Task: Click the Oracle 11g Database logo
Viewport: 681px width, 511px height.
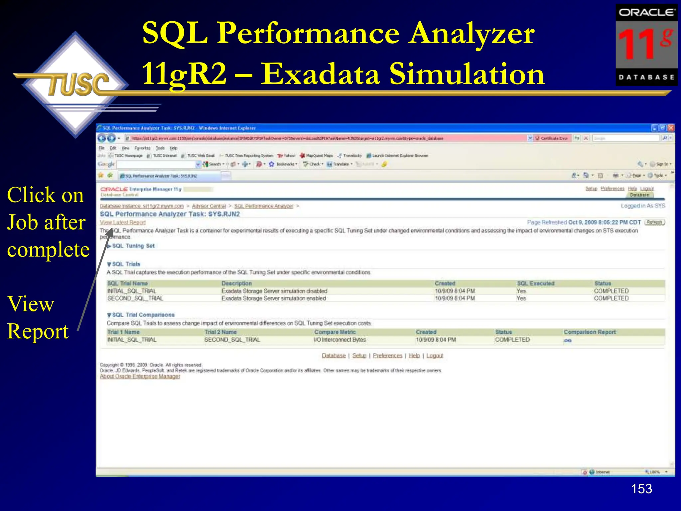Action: pyautogui.click(x=646, y=45)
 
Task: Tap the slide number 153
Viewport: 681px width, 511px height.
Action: pyautogui.click(x=641, y=489)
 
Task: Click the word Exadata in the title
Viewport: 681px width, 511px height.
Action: pyautogui.click(x=320, y=74)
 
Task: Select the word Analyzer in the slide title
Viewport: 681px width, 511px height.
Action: pyautogui.click(x=472, y=33)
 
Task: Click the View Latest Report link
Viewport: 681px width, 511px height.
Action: pyautogui.click(x=123, y=222)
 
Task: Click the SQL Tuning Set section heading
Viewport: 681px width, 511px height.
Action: pyautogui.click(x=133, y=246)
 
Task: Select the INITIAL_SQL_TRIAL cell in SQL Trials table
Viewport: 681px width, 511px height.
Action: pyautogui.click(x=132, y=291)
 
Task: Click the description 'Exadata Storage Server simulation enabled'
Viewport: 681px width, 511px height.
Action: pyautogui.click(x=274, y=298)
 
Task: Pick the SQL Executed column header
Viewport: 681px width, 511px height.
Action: pyautogui.click(x=535, y=283)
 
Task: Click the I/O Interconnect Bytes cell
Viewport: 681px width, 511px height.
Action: pyautogui.click(x=340, y=340)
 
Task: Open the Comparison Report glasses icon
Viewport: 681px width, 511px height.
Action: pyautogui.click(x=568, y=340)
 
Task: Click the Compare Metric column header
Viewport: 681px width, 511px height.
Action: pyautogui.click(x=335, y=332)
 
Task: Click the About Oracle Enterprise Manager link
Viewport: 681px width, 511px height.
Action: pyautogui.click(x=140, y=376)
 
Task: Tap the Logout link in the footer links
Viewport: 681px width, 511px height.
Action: pyautogui.click(x=435, y=356)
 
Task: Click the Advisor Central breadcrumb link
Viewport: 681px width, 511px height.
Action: pyautogui.click(x=209, y=206)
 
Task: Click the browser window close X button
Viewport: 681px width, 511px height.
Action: pyautogui.click(x=671, y=128)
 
